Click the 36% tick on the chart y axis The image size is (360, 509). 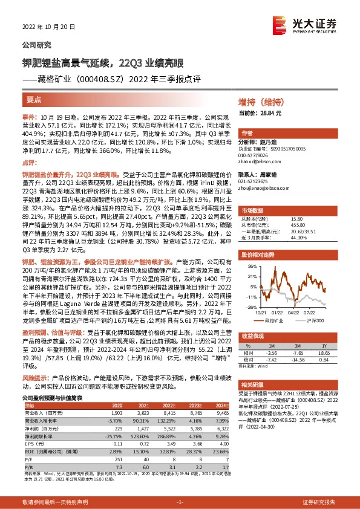(x=251, y=266)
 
